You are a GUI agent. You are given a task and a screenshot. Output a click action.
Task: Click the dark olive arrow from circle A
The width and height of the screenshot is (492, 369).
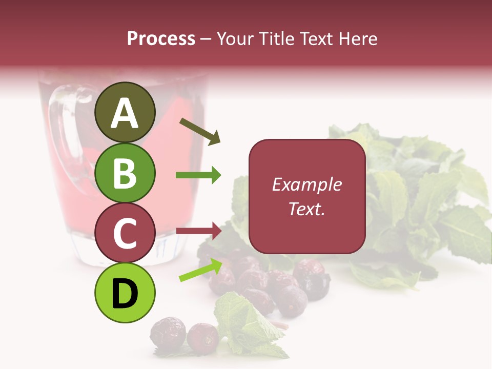coord(199,131)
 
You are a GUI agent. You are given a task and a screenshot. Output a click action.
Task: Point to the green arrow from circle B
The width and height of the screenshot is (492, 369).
coord(198,175)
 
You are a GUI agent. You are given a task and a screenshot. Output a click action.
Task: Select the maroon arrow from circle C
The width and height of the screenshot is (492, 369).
coord(198,231)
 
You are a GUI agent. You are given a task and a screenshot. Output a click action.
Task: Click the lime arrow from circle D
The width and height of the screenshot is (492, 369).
coord(200,270)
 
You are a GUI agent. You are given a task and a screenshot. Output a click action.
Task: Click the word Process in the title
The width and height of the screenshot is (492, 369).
coord(161,38)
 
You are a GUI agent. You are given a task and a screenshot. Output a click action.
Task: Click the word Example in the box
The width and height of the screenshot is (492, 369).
coord(306,184)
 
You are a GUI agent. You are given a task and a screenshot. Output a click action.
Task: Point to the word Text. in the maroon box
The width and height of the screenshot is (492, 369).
coord(306,209)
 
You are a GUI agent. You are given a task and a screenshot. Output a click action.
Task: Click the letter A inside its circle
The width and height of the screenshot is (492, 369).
coord(125,114)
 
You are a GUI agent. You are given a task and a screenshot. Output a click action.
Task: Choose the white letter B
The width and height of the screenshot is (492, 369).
coord(125,173)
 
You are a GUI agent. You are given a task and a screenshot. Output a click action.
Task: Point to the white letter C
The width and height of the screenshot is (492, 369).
coord(125,234)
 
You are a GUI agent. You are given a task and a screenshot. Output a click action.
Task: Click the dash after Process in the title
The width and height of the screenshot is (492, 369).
coord(206,39)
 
